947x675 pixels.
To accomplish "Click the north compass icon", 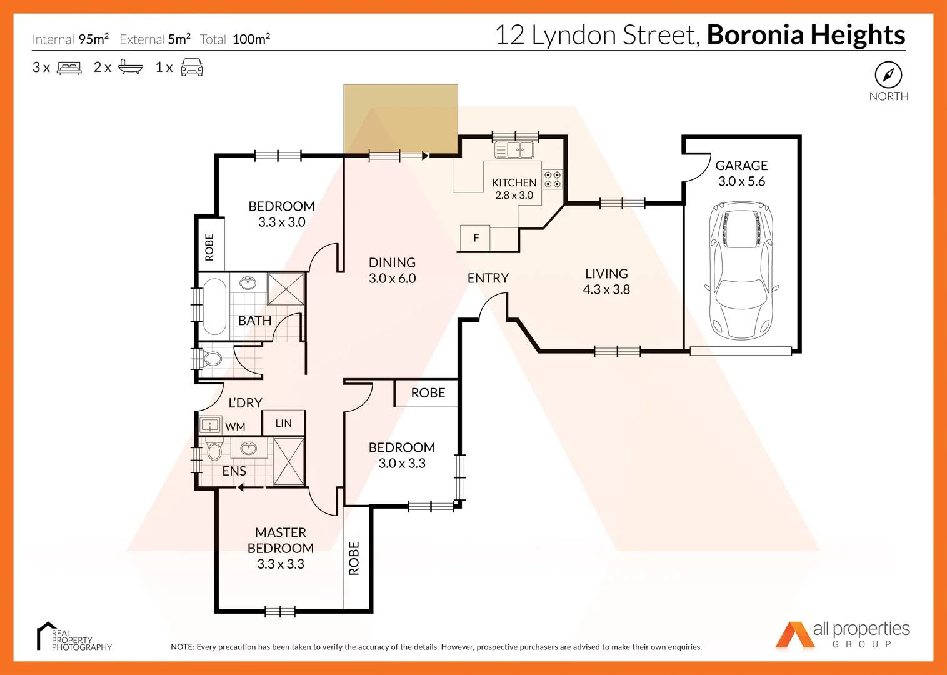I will pos(888,75).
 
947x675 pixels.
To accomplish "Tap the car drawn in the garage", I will pos(741,270).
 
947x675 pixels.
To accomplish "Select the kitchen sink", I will pos(514,150).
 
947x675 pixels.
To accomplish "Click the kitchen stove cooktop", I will pos(552,179).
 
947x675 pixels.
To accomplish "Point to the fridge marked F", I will pos(476,238).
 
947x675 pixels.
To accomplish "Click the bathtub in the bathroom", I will pos(214,307).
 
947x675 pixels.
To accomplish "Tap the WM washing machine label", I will pos(235,427).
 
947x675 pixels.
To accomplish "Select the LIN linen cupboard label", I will pos(283,423).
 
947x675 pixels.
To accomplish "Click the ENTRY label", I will pos(488,278).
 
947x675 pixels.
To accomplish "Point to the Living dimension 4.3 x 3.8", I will pos(606,289).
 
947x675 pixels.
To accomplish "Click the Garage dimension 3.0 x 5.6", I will pos(741,181).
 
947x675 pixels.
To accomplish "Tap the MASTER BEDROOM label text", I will pos(281,541).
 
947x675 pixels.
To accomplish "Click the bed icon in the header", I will pos(69,67).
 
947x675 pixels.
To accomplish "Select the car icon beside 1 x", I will pos(192,67).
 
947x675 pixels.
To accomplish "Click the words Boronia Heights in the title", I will pos(806,35).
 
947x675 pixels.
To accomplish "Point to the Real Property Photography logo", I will pos(74,637).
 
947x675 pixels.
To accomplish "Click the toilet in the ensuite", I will pos(214,451).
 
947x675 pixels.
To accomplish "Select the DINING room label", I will pos(392,262).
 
